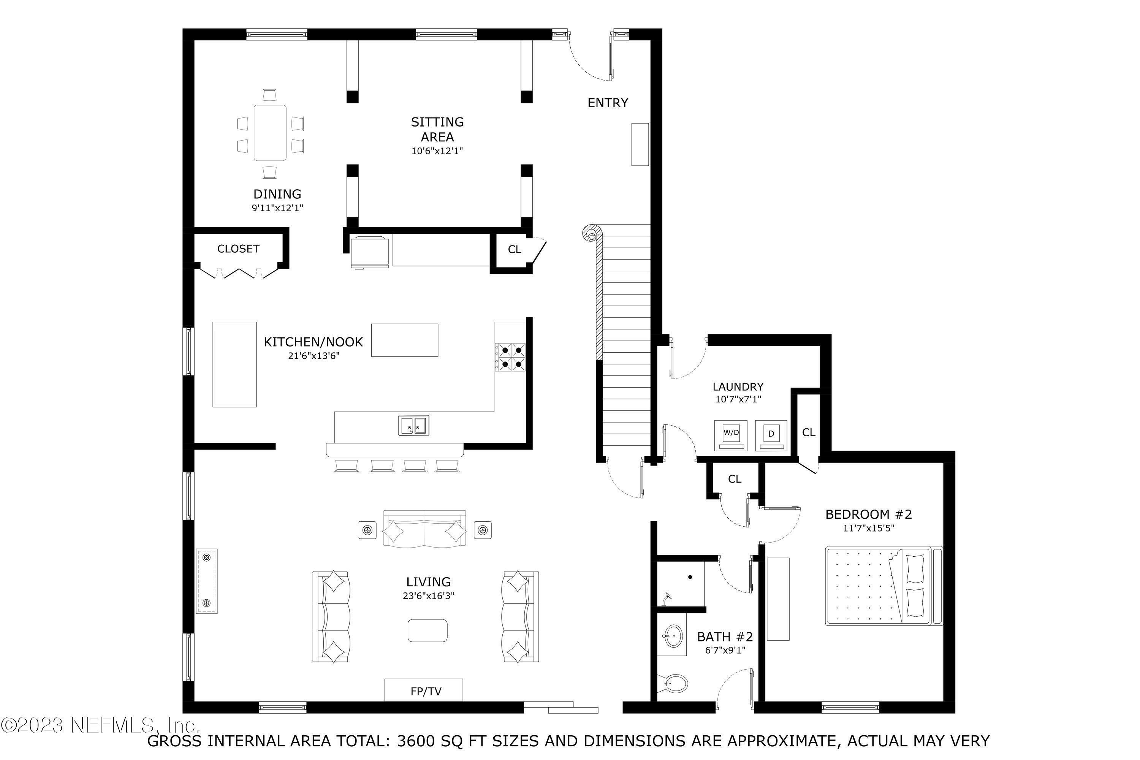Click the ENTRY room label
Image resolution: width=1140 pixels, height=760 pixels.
(x=607, y=103)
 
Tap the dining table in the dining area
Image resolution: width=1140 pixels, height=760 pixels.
(x=269, y=132)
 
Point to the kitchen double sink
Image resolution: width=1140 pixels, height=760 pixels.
(x=413, y=426)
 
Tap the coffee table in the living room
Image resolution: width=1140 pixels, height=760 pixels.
(x=427, y=630)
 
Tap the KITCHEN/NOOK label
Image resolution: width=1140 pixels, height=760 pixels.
(x=313, y=342)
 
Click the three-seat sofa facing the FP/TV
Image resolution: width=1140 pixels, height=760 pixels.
(x=424, y=529)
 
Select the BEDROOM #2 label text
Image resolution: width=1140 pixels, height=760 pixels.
(x=868, y=514)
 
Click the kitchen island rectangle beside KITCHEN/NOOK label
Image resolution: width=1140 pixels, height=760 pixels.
(x=404, y=340)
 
